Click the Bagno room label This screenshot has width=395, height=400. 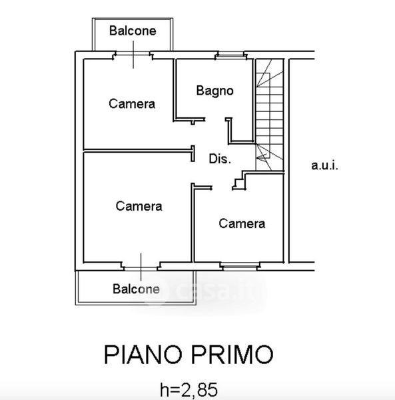coord(215,91)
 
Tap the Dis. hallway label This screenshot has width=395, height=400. coord(220,159)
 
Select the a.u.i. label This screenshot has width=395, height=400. coord(324,165)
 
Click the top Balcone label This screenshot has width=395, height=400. coord(133,31)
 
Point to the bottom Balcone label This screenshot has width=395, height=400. coord(136,289)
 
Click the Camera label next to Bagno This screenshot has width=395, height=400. coord(132,104)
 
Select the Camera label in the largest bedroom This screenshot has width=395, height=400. coord(139,206)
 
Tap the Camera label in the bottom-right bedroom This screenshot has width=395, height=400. coord(242,224)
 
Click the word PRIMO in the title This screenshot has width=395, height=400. coord(232,355)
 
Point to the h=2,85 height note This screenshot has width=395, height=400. coord(189,390)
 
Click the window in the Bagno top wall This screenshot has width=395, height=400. coord(230,55)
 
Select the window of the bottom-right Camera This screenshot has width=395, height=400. coord(240,266)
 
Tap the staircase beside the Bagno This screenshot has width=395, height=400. coord(270,115)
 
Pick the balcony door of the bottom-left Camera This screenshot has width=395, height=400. coord(141,267)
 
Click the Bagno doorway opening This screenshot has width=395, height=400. coord(216,119)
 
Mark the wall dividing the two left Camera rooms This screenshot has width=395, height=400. coord(138,151)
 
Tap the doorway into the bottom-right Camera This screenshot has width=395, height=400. coord(222,188)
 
